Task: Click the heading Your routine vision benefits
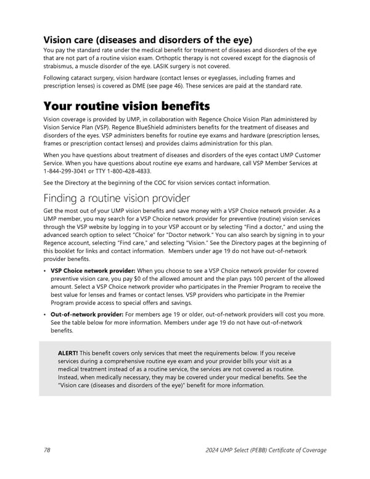pyautogui.click(x=126, y=106)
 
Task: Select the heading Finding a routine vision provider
pyautogui.click(x=117, y=198)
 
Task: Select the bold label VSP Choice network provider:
pyautogui.click(x=93, y=270)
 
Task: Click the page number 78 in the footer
pyautogui.click(x=47, y=450)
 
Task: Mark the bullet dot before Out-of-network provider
pyautogui.click(x=45, y=315)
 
